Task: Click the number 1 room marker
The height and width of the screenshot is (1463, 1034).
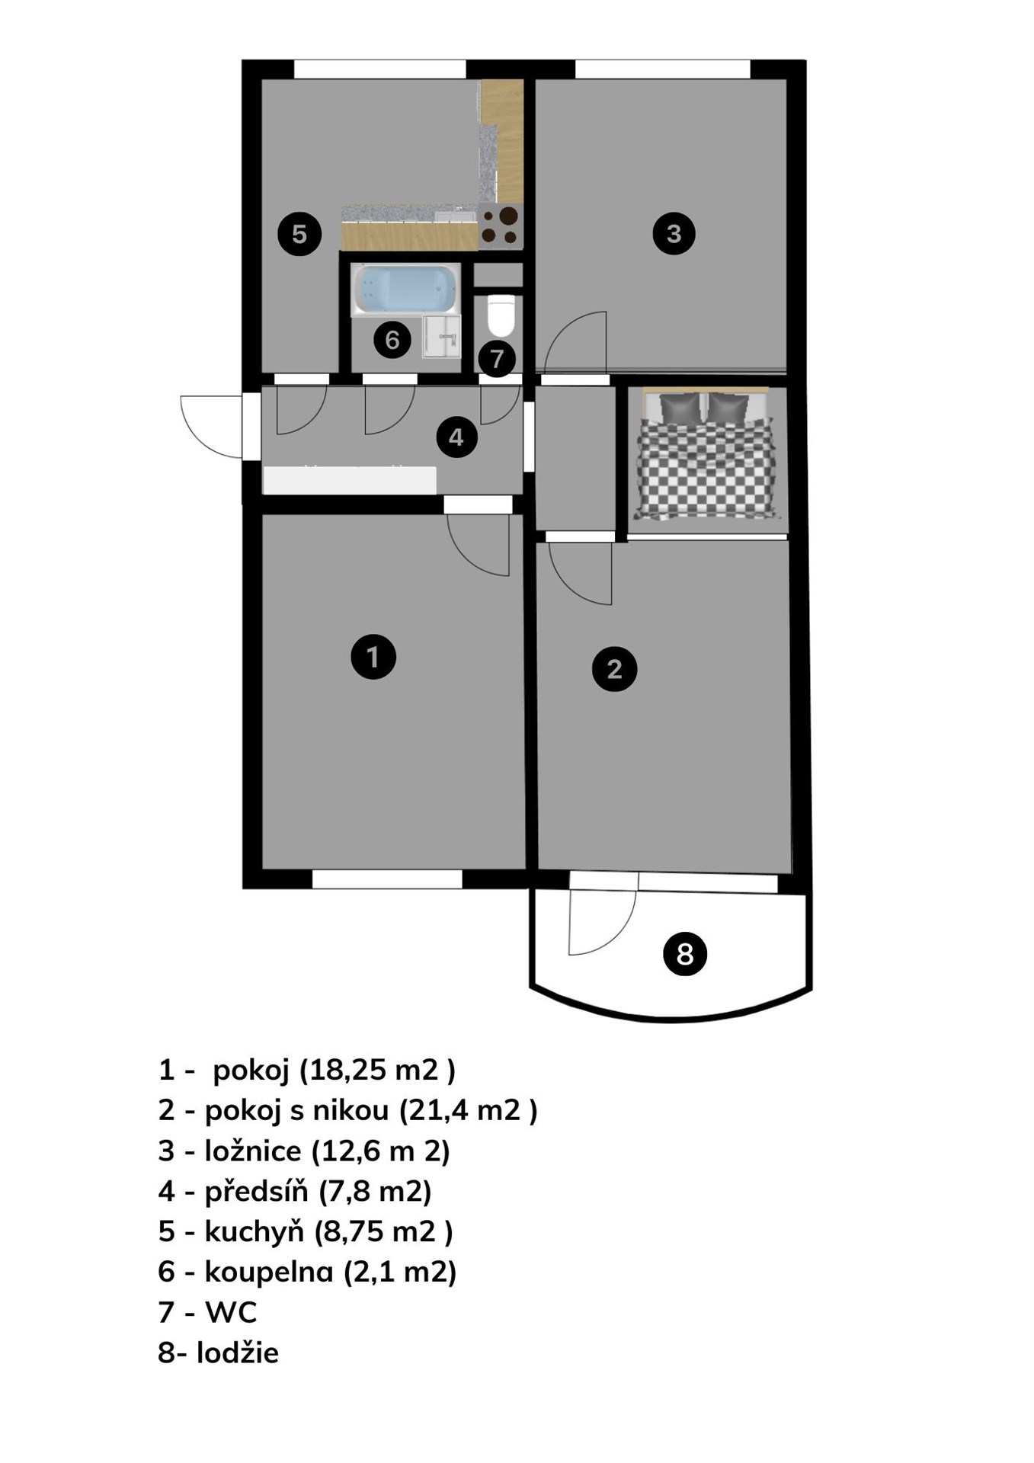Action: point(373,656)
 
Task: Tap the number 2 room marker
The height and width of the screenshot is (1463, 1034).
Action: point(614,669)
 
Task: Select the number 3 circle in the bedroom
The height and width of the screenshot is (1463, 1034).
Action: point(674,233)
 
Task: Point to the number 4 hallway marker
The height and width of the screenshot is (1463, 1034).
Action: point(456,437)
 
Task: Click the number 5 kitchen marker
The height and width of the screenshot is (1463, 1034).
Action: point(299,233)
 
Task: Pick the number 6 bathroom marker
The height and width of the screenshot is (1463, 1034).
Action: point(392,339)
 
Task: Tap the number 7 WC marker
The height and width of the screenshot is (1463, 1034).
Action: point(497,358)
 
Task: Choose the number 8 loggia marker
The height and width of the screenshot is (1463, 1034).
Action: point(685,953)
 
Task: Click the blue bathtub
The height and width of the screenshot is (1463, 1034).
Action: point(405,290)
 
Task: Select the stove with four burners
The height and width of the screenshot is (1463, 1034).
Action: point(501,226)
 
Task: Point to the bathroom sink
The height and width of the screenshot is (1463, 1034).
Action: point(442,336)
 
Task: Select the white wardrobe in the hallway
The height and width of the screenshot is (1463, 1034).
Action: point(350,480)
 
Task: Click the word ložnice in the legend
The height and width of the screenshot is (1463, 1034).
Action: point(253,1151)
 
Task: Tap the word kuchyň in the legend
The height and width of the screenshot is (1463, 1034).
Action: point(254,1231)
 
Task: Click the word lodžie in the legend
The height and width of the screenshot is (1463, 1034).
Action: point(238,1353)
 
